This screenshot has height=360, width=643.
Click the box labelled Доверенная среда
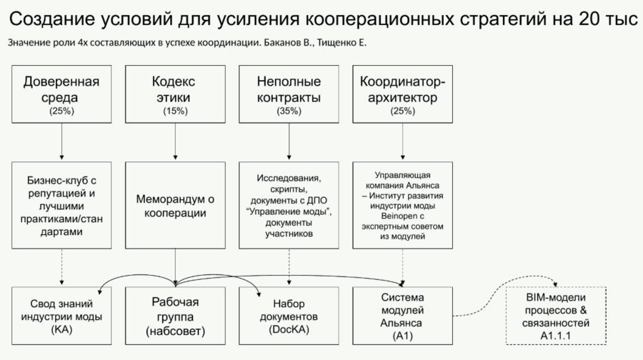coord(61,93)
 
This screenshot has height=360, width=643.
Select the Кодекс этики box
coord(175,93)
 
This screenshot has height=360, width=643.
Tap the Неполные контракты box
coord(289,93)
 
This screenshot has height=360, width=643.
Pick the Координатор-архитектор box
coord(402,93)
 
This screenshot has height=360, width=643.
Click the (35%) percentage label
coord(289,111)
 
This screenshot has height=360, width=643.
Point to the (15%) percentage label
coord(175,111)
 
